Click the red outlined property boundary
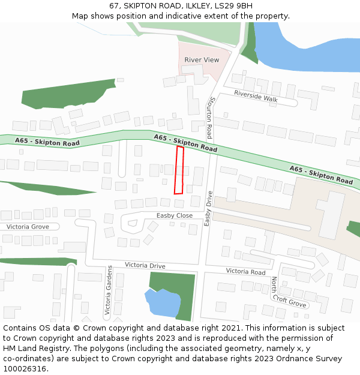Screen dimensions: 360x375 click(179, 170)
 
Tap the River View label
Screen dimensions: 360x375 click(202, 60)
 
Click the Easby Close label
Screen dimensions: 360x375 click(175, 215)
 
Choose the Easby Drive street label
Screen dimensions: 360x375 click(208, 208)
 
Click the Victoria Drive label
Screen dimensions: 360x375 click(145, 265)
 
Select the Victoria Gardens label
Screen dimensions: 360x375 click(109, 291)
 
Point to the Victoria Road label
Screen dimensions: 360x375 click(245, 271)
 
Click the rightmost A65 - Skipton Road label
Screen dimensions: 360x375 click(321, 175)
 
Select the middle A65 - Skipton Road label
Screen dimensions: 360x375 click(185, 143)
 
